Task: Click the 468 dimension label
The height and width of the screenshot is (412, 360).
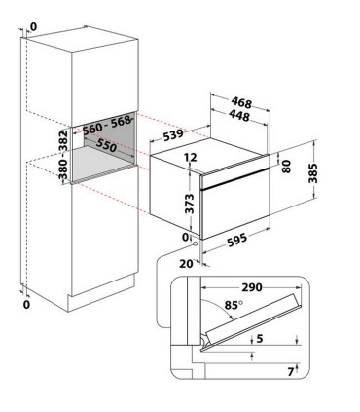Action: (241, 103)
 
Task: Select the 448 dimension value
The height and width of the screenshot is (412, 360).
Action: (239, 115)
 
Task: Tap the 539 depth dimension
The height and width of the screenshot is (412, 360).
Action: (173, 134)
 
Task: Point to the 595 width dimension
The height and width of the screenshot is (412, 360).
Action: (236, 240)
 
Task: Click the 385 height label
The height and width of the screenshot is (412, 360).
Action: (313, 173)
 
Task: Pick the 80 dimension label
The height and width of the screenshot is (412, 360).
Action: (286, 166)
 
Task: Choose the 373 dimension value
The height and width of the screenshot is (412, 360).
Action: (189, 204)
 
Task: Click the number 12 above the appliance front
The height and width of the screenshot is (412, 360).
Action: (191, 158)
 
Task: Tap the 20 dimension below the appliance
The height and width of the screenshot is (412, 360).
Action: (186, 264)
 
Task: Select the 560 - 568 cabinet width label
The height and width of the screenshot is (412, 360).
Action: (107, 126)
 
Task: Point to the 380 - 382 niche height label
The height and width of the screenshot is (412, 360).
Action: (63, 155)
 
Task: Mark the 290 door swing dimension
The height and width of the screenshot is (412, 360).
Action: (252, 287)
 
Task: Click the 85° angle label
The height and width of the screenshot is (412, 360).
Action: (234, 305)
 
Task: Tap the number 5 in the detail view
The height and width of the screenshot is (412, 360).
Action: (260, 339)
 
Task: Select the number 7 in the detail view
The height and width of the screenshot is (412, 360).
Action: (291, 371)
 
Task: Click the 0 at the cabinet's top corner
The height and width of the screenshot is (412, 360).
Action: (33, 27)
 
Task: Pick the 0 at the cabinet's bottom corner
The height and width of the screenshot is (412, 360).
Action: (26, 305)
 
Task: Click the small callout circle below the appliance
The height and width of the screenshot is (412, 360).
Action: (195, 243)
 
